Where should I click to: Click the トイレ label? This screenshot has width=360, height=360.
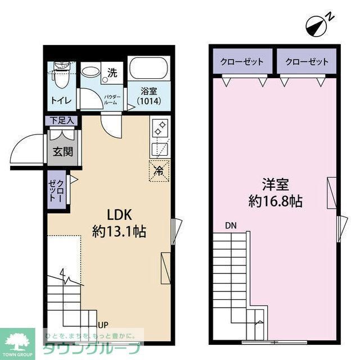[61, 101]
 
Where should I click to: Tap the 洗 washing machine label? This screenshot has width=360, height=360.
[112, 73]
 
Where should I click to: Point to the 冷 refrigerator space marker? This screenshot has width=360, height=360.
[159, 170]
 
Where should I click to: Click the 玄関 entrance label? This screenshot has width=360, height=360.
[61, 151]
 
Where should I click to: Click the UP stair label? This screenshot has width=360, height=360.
[103, 325]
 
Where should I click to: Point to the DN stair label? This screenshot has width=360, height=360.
[231, 226]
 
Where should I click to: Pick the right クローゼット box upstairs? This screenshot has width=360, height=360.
[306, 62]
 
